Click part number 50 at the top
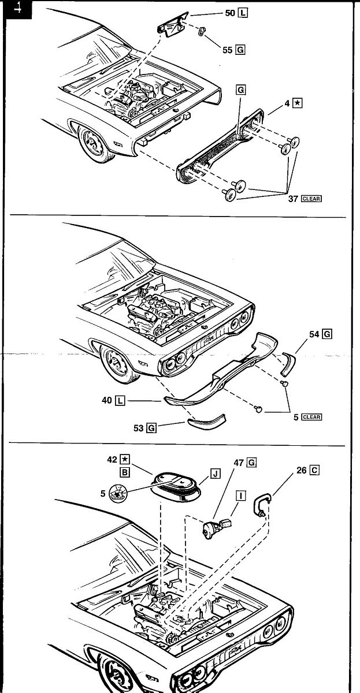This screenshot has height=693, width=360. click(230, 13)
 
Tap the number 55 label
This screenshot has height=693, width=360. click(228, 50)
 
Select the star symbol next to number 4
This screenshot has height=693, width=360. click(298, 103)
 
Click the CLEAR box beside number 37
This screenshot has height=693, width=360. click(311, 199)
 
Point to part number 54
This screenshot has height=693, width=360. click(314, 334)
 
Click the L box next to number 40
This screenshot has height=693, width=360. click(120, 401)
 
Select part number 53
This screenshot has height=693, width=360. click(138, 428)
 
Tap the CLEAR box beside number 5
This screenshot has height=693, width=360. click(311, 417)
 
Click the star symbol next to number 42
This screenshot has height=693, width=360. click(124, 459)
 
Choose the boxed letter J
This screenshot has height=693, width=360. click(216, 474)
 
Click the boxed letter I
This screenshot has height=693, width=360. click(241, 495)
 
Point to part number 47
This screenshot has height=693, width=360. click(239, 463)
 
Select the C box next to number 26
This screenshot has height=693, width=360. click(314, 470)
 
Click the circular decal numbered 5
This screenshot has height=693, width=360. click(117, 494)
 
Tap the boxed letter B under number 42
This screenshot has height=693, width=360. click(124, 472)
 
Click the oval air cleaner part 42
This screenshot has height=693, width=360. click(175, 486)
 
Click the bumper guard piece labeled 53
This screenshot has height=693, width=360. click(207, 420)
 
